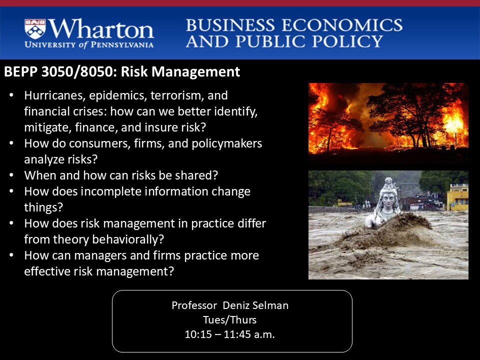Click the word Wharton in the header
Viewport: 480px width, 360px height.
[x=101, y=29]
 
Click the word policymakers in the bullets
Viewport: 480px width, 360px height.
[x=227, y=143]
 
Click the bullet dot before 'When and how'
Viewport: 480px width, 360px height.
[x=11, y=175]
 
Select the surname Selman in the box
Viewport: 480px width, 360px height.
[x=270, y=305]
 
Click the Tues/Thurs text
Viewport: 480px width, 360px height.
[x=230, y=320]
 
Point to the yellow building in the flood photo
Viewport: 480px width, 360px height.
[x=457, y=197]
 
